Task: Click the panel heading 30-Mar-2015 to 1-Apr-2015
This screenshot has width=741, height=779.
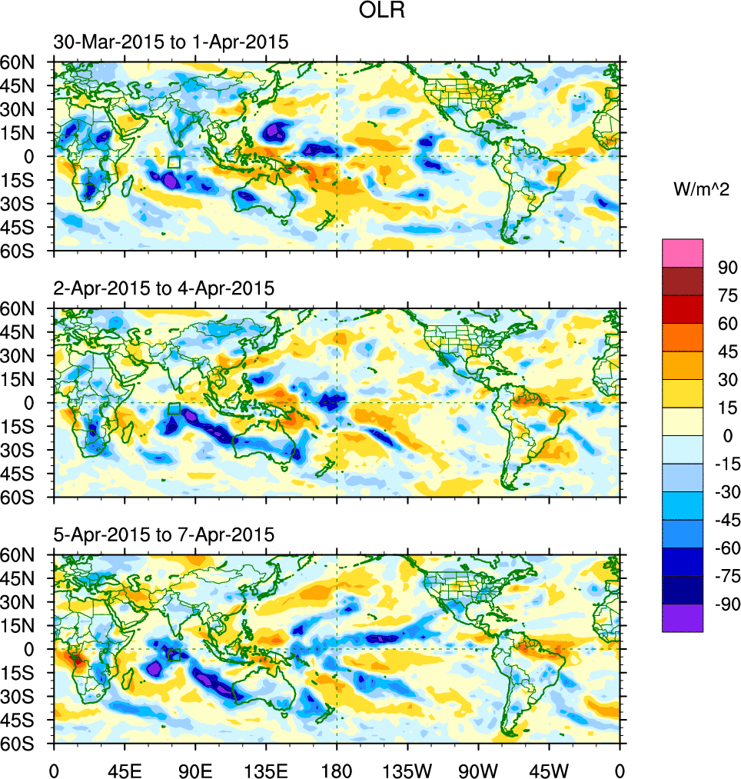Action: tap(171, 42)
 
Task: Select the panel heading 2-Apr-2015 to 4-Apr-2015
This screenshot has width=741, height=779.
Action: tap(164, 288)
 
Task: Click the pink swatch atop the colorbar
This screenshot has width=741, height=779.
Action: tap(683, 252)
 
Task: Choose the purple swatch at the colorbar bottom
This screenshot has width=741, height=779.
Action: tap(683, 618)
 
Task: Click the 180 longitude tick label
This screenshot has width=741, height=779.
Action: tap(337, 770)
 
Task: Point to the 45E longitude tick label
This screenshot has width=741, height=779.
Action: tap(125, 770)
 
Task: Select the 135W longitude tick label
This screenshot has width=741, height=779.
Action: tap(407, 770)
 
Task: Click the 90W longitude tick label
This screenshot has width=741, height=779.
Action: tap(478, 770)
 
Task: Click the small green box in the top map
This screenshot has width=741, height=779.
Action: tap(174, 162)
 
